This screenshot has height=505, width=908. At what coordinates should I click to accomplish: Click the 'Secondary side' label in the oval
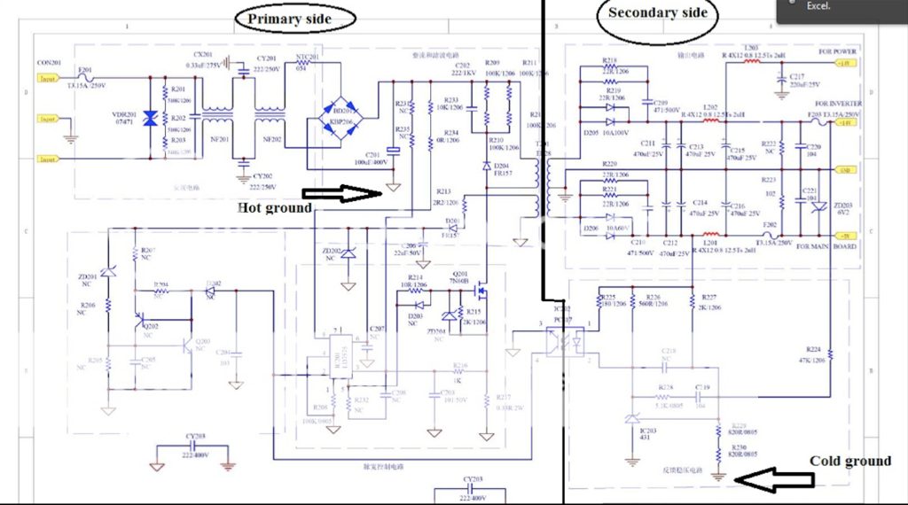point(657,13)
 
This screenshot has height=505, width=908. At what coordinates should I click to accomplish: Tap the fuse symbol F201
point(85,78)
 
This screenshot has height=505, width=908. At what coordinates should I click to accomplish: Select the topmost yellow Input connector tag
point(47,78)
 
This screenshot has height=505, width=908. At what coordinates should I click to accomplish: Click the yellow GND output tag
point(847,170)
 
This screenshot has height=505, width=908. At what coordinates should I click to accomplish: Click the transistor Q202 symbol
point(139,324)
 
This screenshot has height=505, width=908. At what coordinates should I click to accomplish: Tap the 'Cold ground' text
point(849,461)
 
